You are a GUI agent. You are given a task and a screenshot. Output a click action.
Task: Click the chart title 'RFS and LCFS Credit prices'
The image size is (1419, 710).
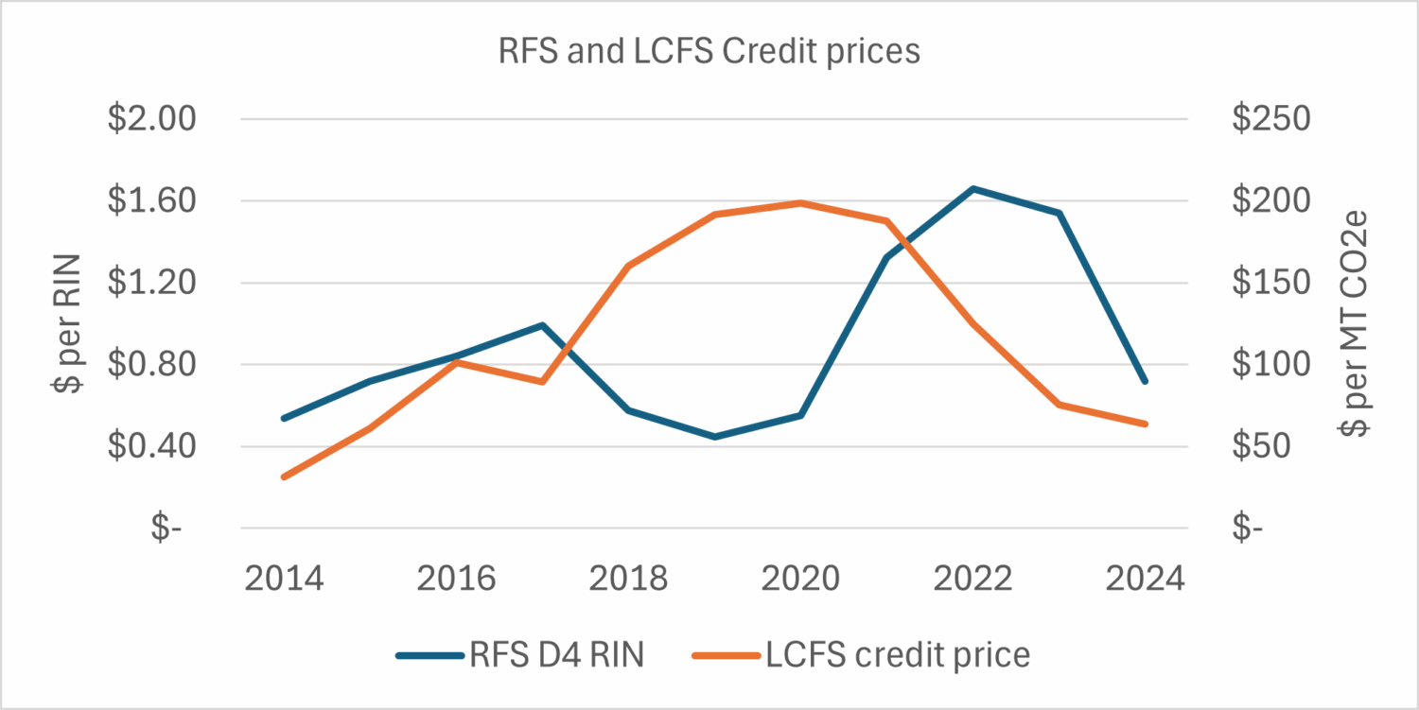(x=709, y=51)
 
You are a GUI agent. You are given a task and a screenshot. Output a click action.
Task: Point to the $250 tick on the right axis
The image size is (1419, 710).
(x=1270, y=120)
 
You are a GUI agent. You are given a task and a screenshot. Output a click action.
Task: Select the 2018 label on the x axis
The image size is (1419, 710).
(x=629, y=578)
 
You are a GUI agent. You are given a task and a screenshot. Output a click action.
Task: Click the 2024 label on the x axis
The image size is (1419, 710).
(x=1145, y=578)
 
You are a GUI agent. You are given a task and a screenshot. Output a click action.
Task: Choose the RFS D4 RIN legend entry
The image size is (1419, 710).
(x=520, y=654)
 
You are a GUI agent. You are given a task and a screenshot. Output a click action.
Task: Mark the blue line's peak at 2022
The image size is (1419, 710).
(x=972, y=188)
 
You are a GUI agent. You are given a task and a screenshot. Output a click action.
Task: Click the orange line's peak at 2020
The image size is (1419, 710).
(x=800, y=202)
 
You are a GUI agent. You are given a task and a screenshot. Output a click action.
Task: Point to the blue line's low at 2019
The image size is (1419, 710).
(x=714, y=437)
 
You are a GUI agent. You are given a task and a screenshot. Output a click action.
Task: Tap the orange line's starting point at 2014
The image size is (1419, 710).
(x=283, y=476)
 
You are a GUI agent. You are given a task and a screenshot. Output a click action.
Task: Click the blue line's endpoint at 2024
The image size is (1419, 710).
(x=1145, y=381)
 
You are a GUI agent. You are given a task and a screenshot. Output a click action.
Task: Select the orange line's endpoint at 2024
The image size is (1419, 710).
(x=1145, y=424)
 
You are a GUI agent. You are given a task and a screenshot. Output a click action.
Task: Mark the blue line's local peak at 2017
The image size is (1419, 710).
(x=542, y=325)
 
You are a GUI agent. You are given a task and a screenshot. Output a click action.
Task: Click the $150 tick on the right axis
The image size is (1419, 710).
(x=1270, y=283)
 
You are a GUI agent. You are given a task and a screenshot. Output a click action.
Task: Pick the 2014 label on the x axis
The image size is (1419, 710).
(x=284, y=578)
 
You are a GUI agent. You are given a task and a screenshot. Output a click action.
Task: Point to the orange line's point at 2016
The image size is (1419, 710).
(x=456, y=362)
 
